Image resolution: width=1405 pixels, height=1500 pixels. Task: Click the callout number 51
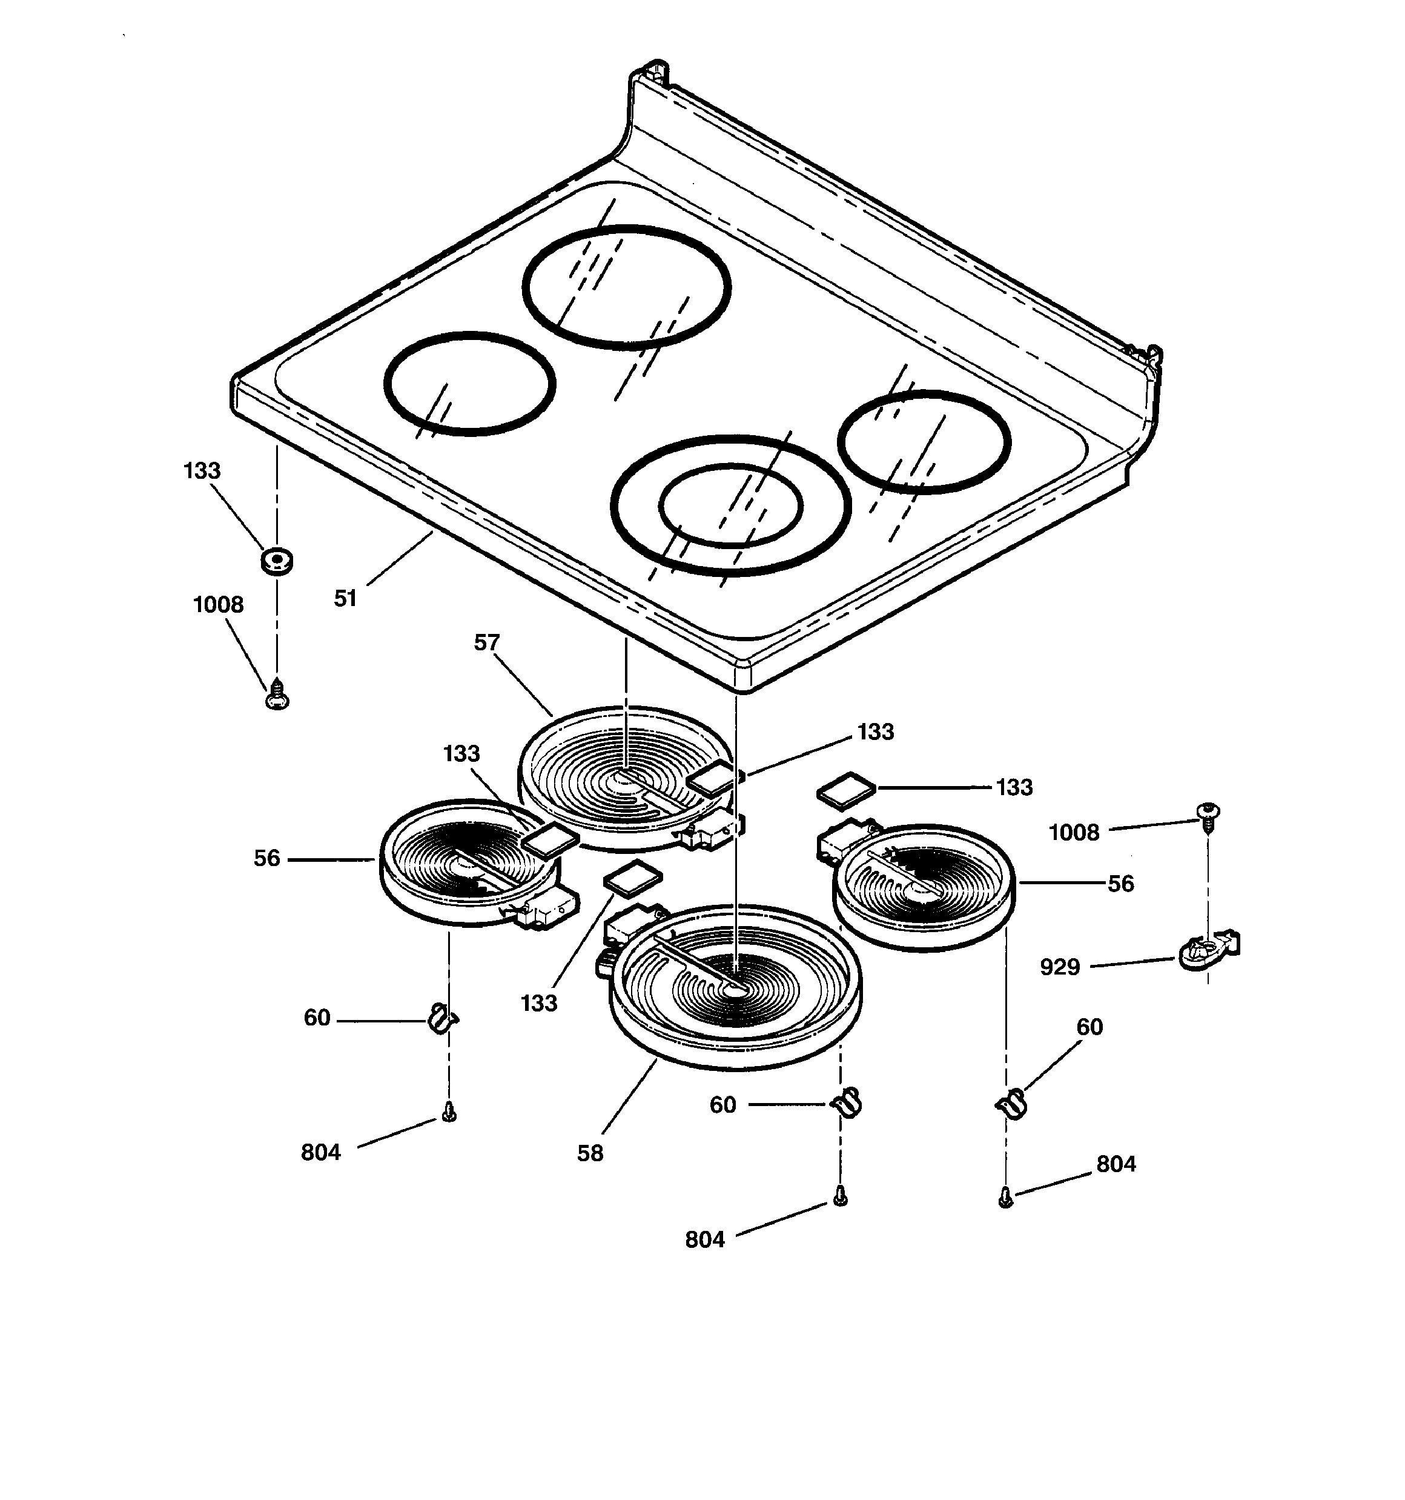point(345,598)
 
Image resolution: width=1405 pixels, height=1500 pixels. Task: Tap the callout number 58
point(590,1153)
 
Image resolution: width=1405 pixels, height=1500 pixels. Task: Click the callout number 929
point(1060,967)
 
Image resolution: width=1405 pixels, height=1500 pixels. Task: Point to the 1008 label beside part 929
point(1074,832)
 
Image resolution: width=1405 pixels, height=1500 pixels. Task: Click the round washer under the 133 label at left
point(277,561)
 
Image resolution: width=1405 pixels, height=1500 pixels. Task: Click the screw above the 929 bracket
point(1208,816)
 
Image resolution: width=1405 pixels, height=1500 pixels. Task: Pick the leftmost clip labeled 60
point(442,1019)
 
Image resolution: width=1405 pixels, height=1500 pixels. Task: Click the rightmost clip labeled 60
point(1012,1105)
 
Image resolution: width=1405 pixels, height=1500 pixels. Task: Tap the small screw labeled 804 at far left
point(449,1112)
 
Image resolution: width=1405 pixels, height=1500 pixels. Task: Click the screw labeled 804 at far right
point(1005,1197)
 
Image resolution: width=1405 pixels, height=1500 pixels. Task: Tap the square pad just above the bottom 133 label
point(633,878)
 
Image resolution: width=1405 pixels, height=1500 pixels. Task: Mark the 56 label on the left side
point(266,858)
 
